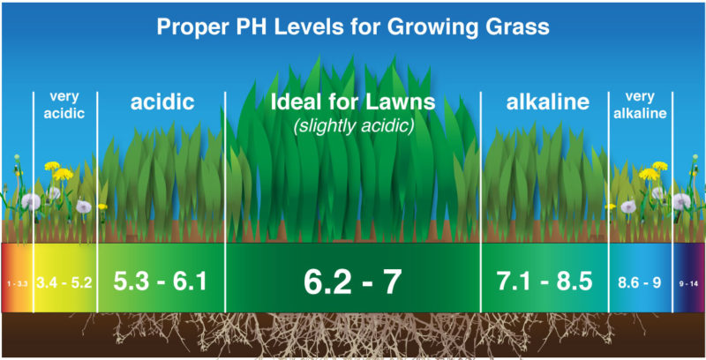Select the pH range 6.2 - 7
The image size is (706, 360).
point(352,282)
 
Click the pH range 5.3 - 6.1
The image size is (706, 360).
point(161,281)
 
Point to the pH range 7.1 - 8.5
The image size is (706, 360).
point(545,281)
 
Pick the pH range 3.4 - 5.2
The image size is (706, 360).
point(64,283)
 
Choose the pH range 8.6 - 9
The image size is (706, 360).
point(639,283)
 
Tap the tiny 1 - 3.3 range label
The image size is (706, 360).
point(17,284)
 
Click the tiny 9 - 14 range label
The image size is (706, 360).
point(688,284)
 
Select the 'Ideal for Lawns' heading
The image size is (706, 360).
point(353,102)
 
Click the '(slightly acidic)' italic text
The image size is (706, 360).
point(354,126)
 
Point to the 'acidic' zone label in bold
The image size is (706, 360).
point(162,102)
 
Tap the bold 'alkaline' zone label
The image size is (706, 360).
point(548,102)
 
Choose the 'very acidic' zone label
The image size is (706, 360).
point(64,105)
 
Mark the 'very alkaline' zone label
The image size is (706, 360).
point(640,105)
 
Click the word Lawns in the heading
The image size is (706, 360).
point(401,102)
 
